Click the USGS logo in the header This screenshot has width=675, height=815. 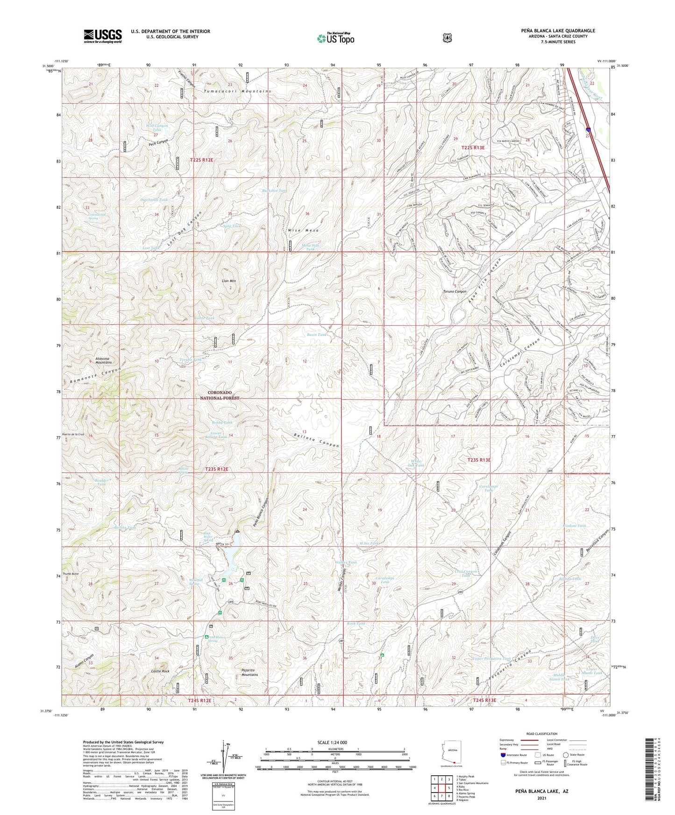coord(103,35)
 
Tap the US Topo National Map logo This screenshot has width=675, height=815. coord(335,38)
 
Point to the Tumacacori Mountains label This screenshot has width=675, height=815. coord(237,91)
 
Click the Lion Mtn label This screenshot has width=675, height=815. coord(228,281)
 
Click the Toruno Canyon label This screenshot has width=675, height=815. coord(455,292)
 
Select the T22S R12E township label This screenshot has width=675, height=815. coord(201,160)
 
